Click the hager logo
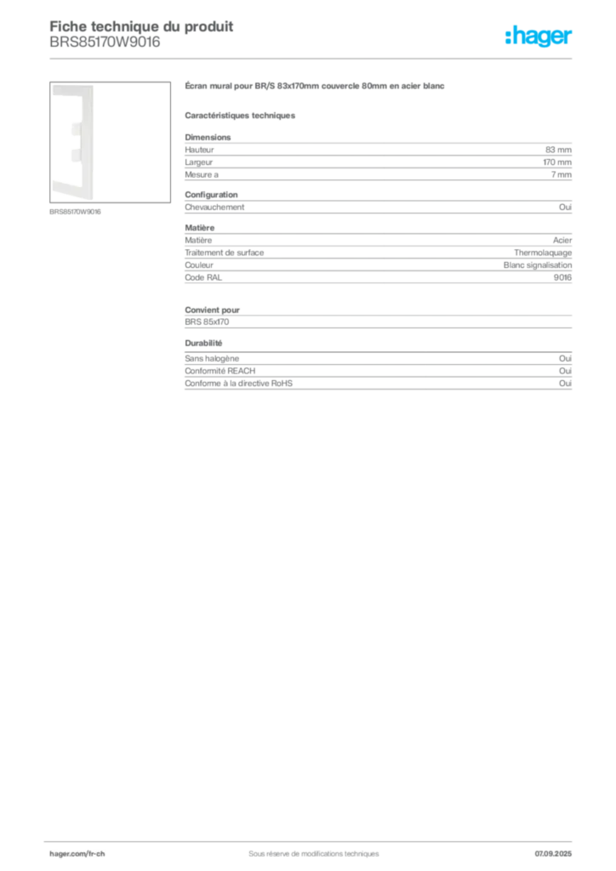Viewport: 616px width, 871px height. click(538, 36)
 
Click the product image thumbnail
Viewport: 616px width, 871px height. click(110, 142)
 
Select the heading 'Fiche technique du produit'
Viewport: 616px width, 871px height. click(141, 26)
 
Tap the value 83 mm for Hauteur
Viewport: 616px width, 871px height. click(558, 150)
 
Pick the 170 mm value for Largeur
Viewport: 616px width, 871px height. click(557, 162)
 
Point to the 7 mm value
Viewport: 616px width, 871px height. click(561, 174)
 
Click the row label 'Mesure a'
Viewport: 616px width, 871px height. click(202, 174)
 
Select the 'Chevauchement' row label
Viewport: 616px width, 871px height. click(214, 208)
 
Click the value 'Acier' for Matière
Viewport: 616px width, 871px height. click(562, 240)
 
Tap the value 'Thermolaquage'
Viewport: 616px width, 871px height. click(543, 253)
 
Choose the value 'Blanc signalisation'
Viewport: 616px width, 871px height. click(537, 265)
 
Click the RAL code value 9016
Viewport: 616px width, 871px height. click(562, 277)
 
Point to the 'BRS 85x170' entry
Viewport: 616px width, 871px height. click(207, 322)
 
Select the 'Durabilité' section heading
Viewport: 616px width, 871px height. click(203, 344)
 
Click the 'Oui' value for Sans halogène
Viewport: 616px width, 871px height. click(565, 358)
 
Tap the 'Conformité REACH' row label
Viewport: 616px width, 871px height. click(220, 371)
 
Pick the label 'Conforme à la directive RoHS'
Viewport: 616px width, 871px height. click(238, 384)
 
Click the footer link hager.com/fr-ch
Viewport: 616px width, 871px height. click(77, 854)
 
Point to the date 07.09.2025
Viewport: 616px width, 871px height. click(553, 854)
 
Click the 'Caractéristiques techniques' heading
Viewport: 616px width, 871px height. click(240, 116)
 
